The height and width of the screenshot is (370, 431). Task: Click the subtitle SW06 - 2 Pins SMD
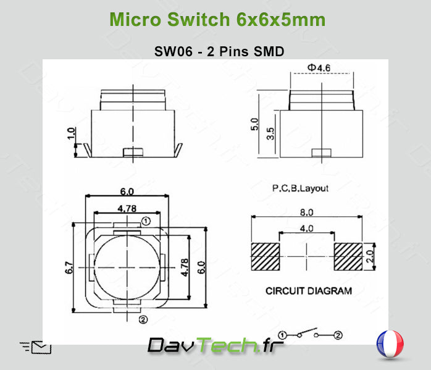[219, 52]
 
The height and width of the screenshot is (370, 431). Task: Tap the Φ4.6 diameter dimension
[319, 67]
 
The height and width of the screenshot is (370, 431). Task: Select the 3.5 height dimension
[270, 134]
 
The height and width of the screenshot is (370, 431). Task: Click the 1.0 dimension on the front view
[71, 133]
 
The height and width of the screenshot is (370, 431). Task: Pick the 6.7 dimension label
[69, 267]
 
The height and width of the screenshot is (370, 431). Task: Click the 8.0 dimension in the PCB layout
[306, 212]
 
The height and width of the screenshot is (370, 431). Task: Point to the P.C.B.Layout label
[301, 188]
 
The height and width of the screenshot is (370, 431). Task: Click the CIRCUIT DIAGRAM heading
[309, 290]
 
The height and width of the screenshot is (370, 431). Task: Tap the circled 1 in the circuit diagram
[283, 335]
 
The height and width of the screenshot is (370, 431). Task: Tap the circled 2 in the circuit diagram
[338, 335]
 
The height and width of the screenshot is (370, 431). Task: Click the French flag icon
[390, 344]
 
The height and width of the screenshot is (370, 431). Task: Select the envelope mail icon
[41, 347]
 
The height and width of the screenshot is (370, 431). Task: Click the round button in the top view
[127, 268]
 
